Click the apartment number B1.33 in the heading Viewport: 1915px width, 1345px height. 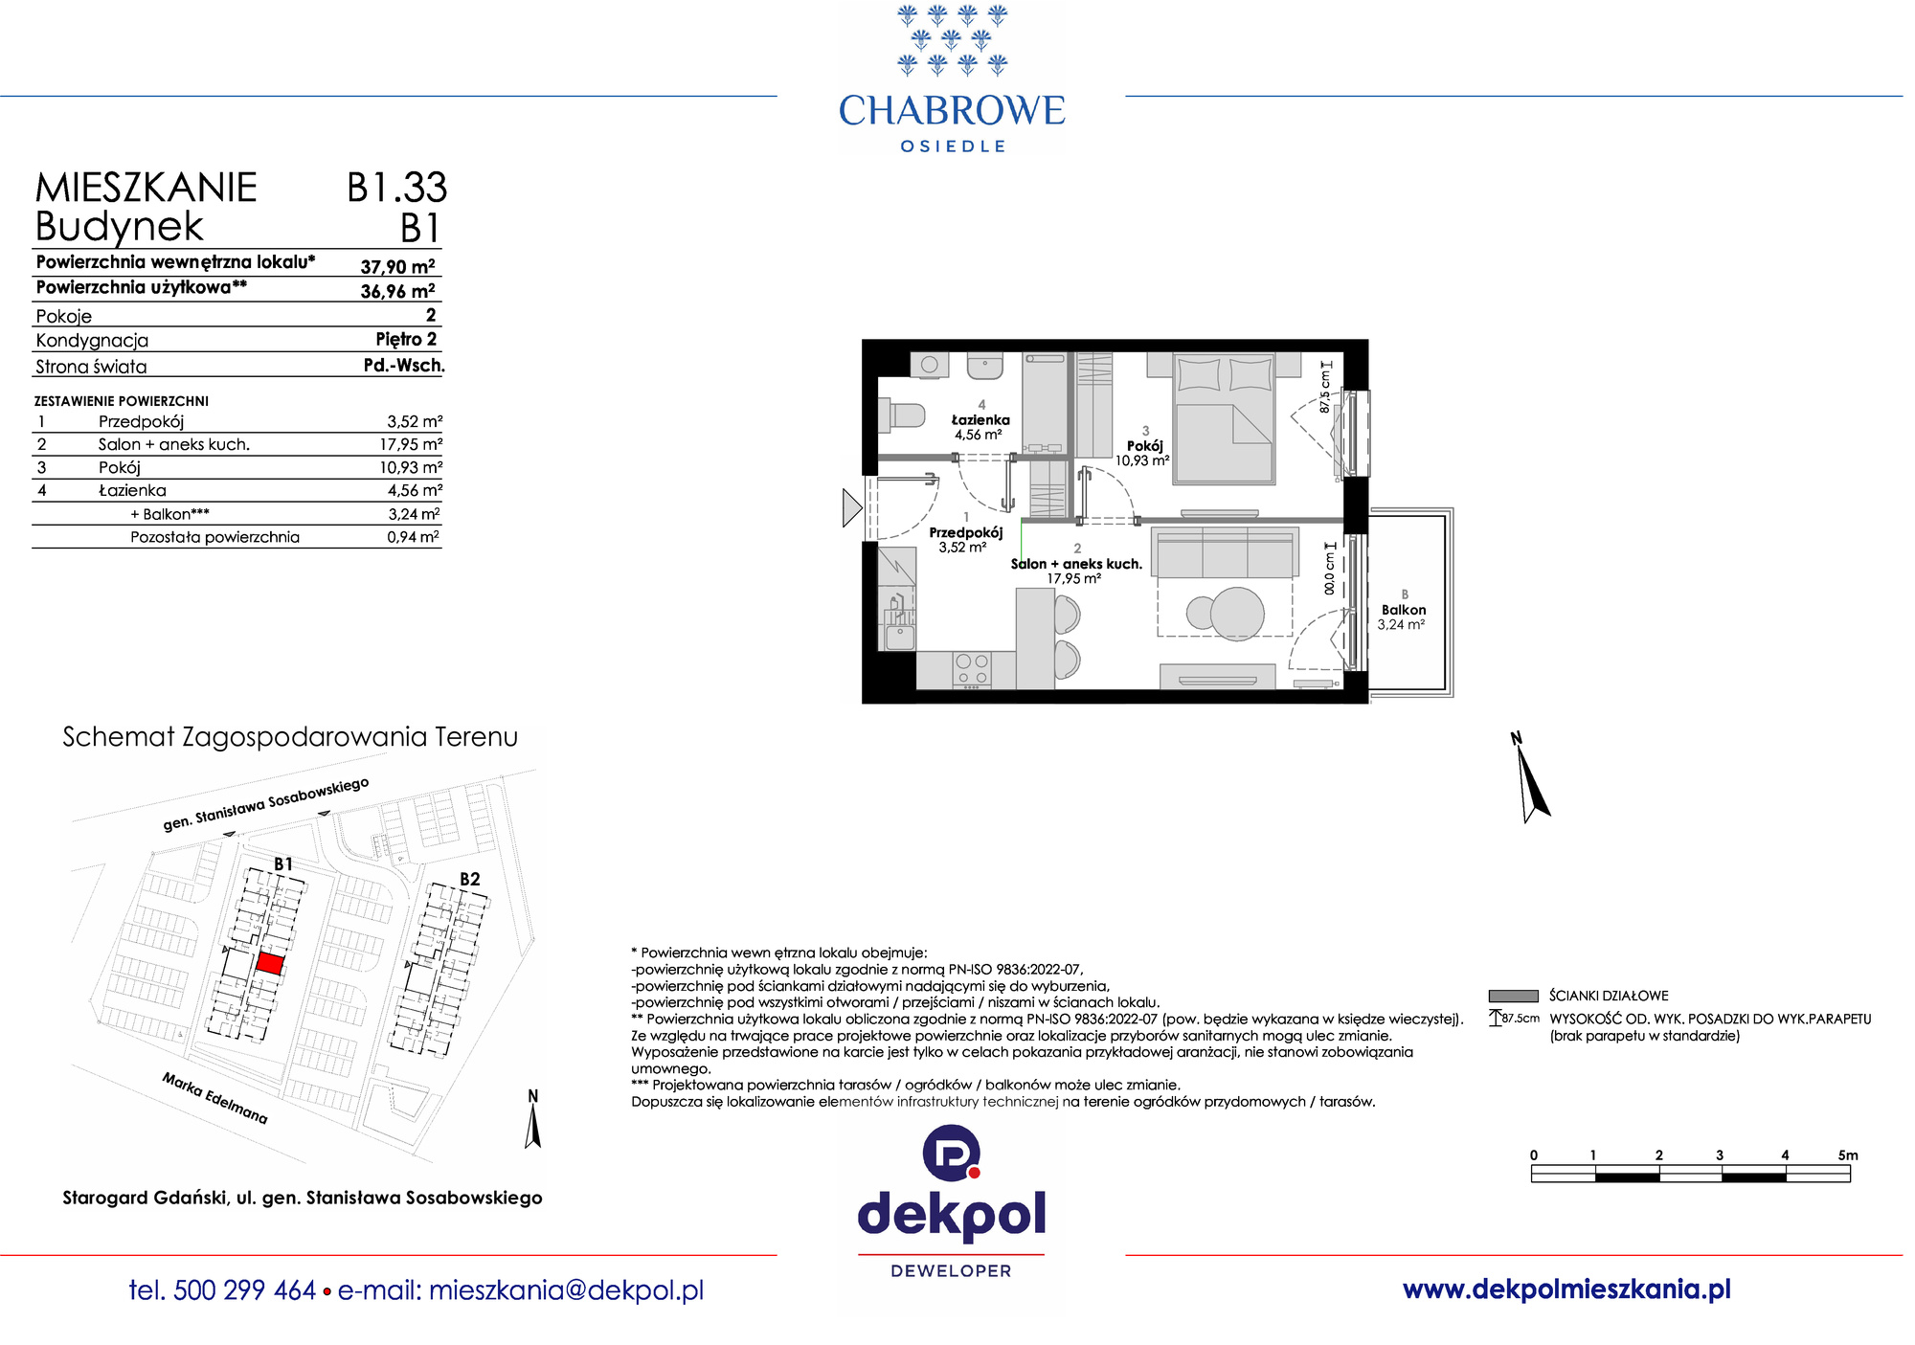pyautogui.click(x=396, y=188)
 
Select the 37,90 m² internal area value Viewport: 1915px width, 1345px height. pyautogui.click(x=397, y=266)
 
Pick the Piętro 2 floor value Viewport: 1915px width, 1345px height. pyautogui.click(x=406, y=339)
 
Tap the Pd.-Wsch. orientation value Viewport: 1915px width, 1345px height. pyautogui.click(x=404, y=365)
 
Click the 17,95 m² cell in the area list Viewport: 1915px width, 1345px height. pyautogui.click(x=411, y=444)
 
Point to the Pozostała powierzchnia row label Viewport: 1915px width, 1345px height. pyautogui.click(x=214, y=537)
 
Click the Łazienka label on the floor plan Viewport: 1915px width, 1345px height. pyautogui.click(x=980, y=419)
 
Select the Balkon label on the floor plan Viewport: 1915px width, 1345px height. pyautogui.click(x=1404, y=610)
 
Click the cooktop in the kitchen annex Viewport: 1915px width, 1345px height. pyautogui.click(x=973, y=669)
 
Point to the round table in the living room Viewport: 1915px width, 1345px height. pyautogui.click(x=1237, y=613)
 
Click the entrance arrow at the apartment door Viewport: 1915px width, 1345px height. pyautogui.click(x=852, y=507)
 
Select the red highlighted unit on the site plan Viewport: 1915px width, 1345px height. pyautogui.click(x=270, y=963)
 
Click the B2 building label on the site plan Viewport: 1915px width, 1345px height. pyautogui.click(x=469, y=879)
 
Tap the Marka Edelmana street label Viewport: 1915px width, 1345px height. pyautogui.click(x=214, y=1098)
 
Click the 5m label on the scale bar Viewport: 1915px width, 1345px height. pyautogui.click(x=1848, y=1155)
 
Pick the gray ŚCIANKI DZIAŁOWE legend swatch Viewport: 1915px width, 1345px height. pyautogui.click(x=1513, y=996)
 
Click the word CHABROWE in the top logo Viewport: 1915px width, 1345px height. pyautogui.click(x=952, y=111)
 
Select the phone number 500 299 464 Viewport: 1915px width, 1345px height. pyautogui.click(x=245, y=1290)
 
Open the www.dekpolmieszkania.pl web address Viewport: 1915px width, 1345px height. pyautogui.click(x=1566, y=1289)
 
